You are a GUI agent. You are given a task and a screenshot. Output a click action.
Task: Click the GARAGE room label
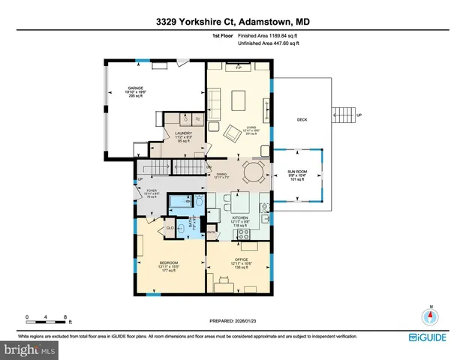tap(135, 88)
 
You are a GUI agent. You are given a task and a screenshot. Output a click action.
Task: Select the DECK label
tap(302, 119)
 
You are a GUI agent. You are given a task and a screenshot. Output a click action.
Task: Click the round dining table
tap(253, 172)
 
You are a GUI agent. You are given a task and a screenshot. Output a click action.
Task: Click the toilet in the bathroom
tap(199, 202)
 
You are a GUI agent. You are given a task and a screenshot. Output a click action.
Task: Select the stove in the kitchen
tap(245, 233)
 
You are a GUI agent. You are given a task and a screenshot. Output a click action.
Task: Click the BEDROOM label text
tap(168, 262)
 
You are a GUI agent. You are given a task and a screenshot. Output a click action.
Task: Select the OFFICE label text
tap(241, 259)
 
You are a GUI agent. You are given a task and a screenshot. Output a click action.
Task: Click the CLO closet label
tap(170, 227)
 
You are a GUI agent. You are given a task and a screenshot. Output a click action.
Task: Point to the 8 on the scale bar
tap(66, 317)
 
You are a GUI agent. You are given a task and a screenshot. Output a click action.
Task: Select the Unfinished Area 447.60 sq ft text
tap(268, 43)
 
